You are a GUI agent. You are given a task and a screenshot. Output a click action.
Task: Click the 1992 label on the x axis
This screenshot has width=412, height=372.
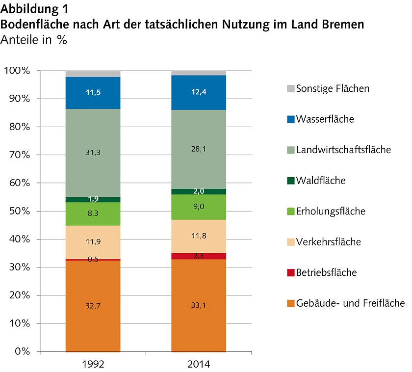[x=93, y=365]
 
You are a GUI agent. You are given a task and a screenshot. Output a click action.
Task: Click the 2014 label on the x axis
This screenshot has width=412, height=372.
[x=199, y=365]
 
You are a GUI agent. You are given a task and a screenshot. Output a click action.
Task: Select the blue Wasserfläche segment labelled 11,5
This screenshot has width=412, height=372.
[x=93, y=93]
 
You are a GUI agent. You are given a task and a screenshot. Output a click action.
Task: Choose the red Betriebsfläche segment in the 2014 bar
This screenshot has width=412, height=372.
[x=199, y=256]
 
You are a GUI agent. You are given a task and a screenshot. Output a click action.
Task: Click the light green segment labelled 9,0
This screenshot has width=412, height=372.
[x=199, y=207]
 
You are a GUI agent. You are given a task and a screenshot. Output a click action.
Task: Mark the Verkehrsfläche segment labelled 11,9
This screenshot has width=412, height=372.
[x=93, y=242]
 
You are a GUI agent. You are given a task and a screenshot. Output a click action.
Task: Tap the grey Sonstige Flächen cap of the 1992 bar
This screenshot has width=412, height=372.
[x=93, y=74]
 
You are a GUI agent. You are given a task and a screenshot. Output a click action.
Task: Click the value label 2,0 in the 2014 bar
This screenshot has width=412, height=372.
[x=199, y=191]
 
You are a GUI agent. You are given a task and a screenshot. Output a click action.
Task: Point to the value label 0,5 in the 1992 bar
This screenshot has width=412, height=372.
[x=93, y=260]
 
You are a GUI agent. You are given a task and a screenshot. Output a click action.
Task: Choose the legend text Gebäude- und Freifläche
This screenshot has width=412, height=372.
[x=350, y=303]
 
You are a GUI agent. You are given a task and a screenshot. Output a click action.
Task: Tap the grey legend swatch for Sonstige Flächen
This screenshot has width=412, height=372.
[x=290, y=89]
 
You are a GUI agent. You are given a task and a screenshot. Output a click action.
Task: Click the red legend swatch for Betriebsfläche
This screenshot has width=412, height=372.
[x=290, y=273]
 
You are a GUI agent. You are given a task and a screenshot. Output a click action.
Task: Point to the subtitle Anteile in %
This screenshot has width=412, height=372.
[x=34, y=40]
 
